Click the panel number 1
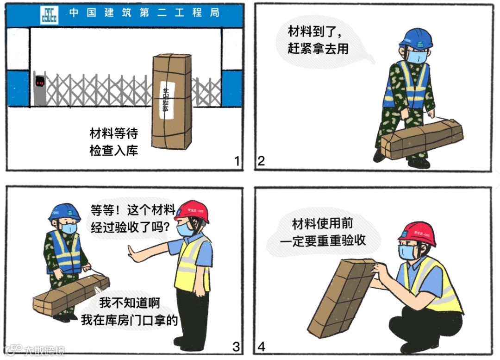(x=237, y=161)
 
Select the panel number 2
(x=261, y=161)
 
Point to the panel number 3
(x=236, y=346)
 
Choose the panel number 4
(x=262, y=346)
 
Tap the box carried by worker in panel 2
(x=421, y=138)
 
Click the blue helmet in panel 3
(x=64, y=213)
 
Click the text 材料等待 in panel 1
(x=114, y=134)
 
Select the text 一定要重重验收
(x=323, y=241)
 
